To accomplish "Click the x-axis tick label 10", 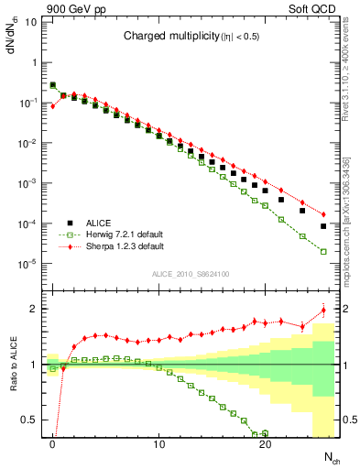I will (159, 445).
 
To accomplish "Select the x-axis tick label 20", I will (266, 445).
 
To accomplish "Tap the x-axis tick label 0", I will (53, 445).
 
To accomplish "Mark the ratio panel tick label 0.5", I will (33, 420).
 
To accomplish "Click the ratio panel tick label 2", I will (37, 309).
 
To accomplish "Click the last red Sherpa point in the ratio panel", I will (323, 311).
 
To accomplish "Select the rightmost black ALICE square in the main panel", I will (323, 226).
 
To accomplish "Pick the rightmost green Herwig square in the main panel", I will (323, 251).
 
